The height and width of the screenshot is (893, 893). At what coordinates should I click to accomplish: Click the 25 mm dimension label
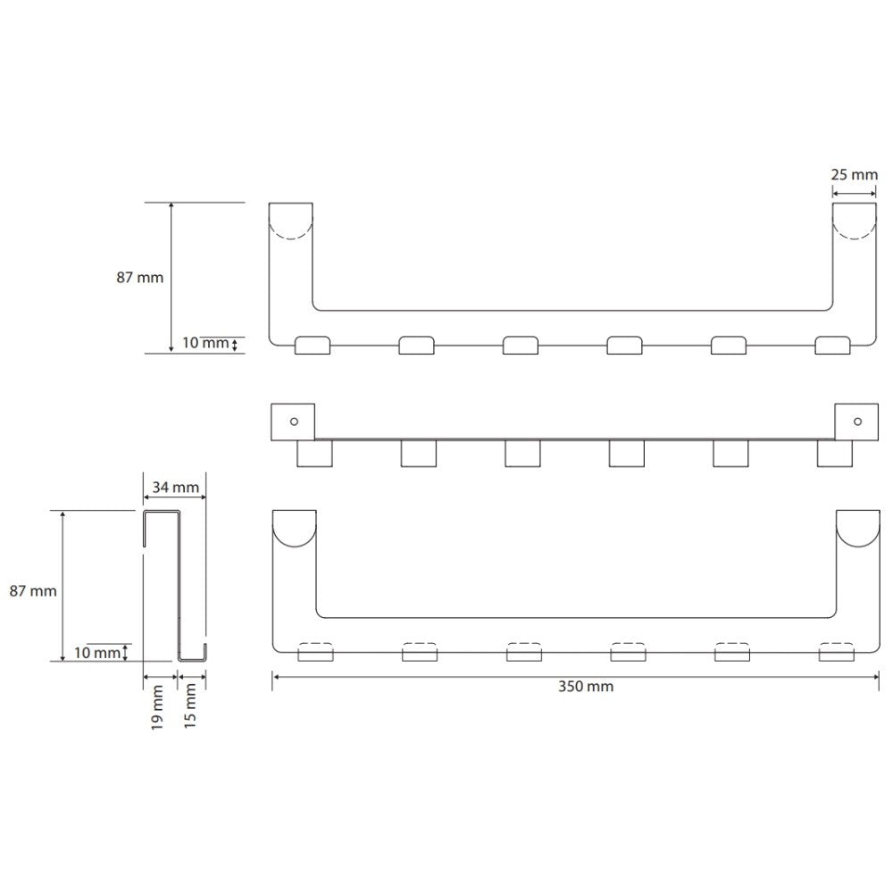(854, 175)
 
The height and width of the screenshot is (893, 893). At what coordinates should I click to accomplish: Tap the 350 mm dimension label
(586, 686)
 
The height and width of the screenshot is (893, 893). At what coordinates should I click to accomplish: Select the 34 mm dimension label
(175, 488)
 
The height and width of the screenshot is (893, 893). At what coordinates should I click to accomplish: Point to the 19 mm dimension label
(158, 706)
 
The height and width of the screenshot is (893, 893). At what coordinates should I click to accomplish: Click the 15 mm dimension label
(190, 705)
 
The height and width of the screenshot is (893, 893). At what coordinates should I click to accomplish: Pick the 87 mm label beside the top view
(139, 278)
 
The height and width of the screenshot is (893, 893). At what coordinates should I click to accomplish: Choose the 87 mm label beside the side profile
(33, 591)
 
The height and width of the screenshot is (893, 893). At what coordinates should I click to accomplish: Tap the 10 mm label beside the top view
(205, 343)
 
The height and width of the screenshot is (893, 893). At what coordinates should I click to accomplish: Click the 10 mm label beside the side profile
(97, 653)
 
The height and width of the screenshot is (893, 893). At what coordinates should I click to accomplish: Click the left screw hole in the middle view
(294, 421)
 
